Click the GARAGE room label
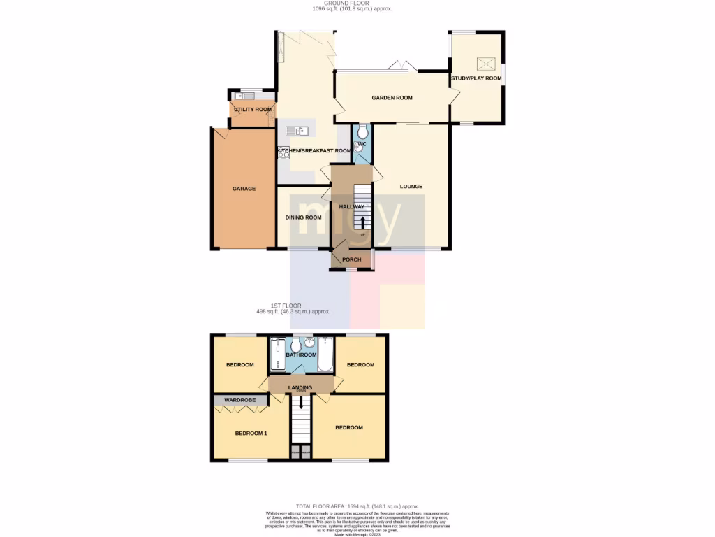click(244, 189)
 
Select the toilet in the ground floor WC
click(362, 132)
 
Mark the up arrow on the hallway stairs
click(362, 222)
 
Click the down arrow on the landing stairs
click(301, 402)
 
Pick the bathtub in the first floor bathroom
click(326, 355)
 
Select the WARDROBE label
click(239, 400)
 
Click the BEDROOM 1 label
click(251, 434)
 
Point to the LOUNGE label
click(411, 187)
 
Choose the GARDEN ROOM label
click(392, 98)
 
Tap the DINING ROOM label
click(303, 217)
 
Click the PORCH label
click(351, 260)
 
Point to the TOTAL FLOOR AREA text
click(357, 506)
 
